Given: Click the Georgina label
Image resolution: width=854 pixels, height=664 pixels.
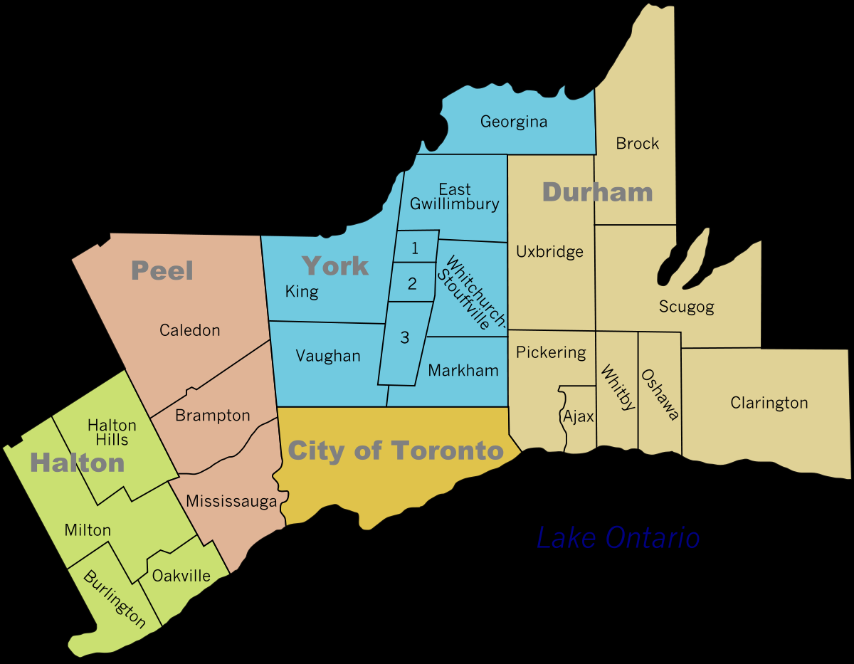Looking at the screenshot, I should click(513, 122).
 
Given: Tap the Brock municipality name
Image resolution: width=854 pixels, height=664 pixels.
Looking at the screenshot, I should click(637, 144).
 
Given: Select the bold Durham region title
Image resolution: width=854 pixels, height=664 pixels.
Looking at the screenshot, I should click(597, 191).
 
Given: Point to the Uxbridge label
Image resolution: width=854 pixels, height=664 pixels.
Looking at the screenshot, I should click(549, 251).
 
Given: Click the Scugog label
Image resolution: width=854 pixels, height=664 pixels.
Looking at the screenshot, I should click(686, 307).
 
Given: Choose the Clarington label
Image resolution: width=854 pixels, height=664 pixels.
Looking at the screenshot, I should click(769, 403).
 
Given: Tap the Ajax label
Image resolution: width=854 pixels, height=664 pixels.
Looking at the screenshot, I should click(578, 416).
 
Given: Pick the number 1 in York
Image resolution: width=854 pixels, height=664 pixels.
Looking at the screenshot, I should click(414, 248).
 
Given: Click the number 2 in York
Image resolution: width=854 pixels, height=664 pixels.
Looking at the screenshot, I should click(412, 283).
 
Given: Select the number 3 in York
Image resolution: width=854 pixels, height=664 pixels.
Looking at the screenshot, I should click(404, 337).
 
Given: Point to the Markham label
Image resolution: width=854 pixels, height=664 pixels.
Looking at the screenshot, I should click(463, 370).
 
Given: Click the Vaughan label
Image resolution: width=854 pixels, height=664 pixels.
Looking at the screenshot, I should click(328, 356).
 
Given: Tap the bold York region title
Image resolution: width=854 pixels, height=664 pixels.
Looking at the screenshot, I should click(335, 265).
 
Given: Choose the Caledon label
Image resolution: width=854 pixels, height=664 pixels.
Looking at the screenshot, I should click(189, 330).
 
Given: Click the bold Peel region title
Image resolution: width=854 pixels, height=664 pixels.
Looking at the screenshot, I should click(162, 270).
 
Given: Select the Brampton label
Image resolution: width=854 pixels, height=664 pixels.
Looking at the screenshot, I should click(212, 415).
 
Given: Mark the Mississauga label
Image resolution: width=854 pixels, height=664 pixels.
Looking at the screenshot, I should click(231, 501).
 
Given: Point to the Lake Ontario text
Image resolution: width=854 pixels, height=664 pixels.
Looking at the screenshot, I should click(618, 537).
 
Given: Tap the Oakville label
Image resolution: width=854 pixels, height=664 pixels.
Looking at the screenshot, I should click(181, 575).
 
